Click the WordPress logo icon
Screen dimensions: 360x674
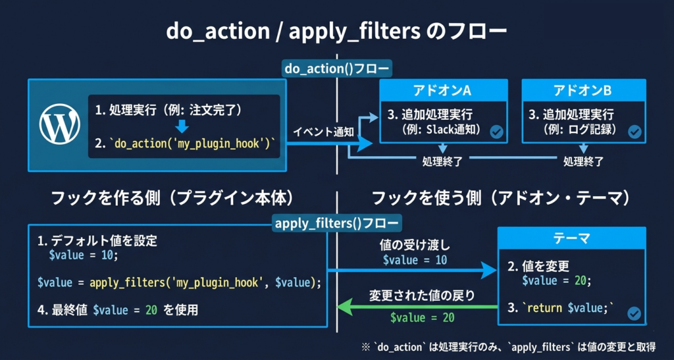click(x=59, y=126)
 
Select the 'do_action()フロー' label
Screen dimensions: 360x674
click(x=336, y=69)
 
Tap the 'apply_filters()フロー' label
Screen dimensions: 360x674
click(x=336, y=223)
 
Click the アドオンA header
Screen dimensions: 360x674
click(x=444, y=90)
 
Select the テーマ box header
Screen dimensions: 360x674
click(x=570, y=238)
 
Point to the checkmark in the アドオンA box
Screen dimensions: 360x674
click(x=496, y=132)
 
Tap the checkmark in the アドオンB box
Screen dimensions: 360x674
click(x=634, y=132)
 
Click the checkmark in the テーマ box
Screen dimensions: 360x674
click(x=634, y=313)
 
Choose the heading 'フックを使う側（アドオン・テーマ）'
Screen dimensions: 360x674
click(x=501, y=197)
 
